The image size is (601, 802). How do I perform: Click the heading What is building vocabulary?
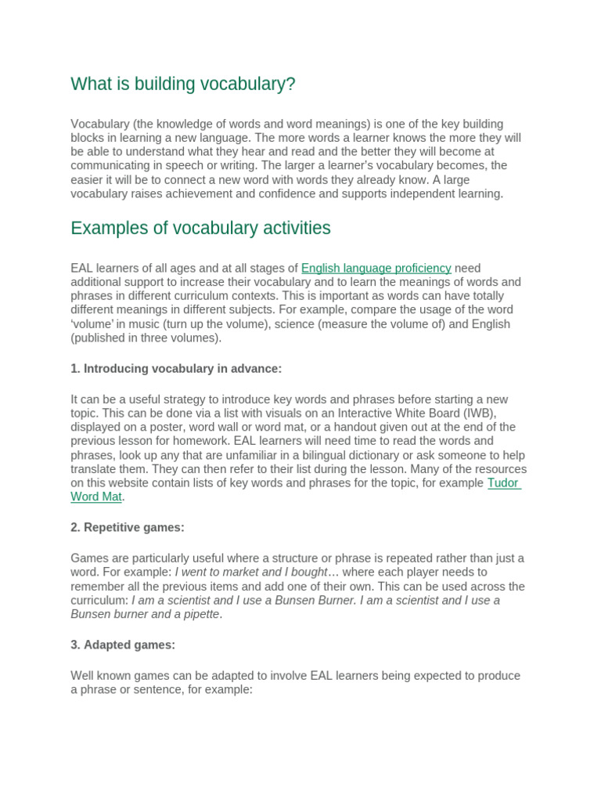(x=183, y=84)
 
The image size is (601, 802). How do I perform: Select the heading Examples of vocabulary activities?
(x=200, y=228)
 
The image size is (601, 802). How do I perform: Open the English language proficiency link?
(x=376, y=268)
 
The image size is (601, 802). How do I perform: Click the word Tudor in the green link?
(x=503, y=482)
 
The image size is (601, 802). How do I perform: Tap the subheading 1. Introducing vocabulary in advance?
(x=176, y=368)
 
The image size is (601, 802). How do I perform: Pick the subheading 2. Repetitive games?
(x=128, y=527)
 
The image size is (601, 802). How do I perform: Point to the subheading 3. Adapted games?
(x=123, y=645)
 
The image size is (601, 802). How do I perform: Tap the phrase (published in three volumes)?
(x=146, y=338)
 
